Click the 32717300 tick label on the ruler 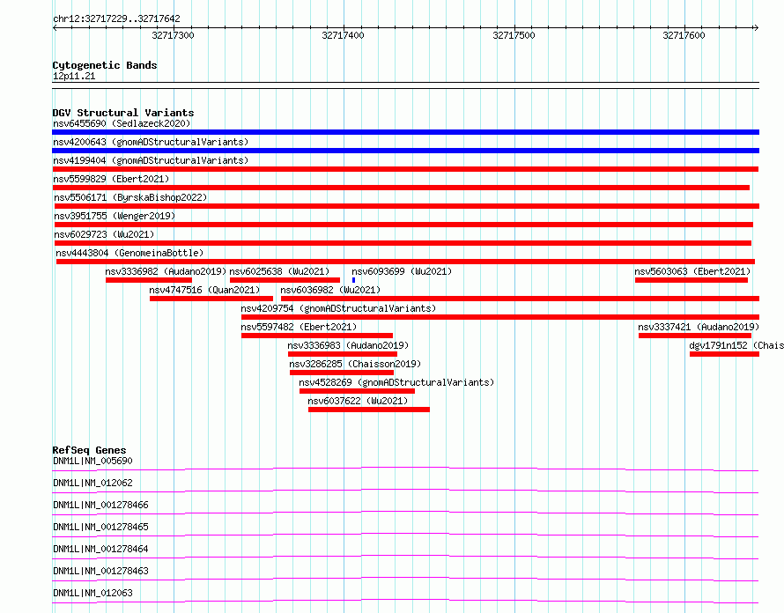[x=173, y=35]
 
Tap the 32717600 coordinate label [x=684, y=35]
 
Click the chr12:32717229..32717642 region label [x=116, y=19]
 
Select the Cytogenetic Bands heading [x=105, y=65]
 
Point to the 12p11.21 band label [x=74, y=76]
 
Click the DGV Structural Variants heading [x=123, y=113]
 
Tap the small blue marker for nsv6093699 [x=353, y=280]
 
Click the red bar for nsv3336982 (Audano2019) [x=149, y=280]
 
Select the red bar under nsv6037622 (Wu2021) [x=369, y=410]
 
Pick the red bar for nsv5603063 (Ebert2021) [x=692, y=280]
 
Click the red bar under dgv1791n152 [x=724, y=354]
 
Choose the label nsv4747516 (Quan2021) [x=204, y=290]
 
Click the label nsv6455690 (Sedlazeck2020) [x=122, y=123]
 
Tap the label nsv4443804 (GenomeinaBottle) [x=129, y=253]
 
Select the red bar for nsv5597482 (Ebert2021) [x=317, y=336]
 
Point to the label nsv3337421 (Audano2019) [x=699, y=327]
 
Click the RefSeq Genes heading [x=90, y=450]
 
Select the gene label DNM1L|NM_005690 [x=92, y=461]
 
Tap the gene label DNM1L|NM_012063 [x=92, y=593]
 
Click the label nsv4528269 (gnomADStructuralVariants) [x=396, y=382]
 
